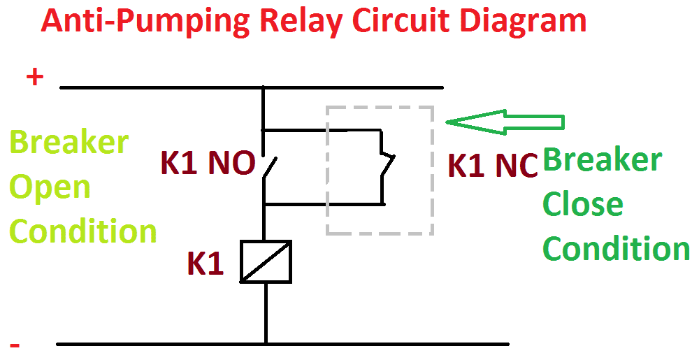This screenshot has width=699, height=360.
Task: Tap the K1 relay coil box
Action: point(266,261)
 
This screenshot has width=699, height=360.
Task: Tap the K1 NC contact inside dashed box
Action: point(386,162)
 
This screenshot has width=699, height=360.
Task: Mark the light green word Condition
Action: point(83,232)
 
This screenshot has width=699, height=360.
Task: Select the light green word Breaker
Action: point(69,143)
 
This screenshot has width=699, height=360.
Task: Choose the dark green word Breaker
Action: point(602,160)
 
